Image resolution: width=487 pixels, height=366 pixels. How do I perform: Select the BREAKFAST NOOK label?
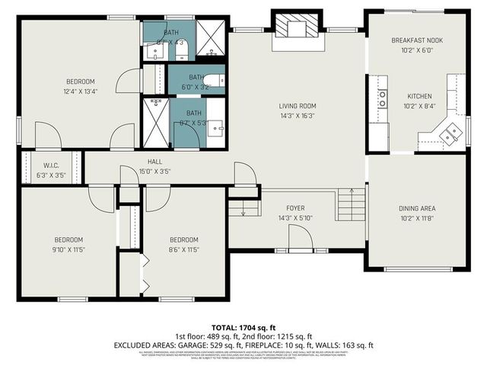pos(416,40)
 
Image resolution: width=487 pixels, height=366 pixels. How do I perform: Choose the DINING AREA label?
pos(416,208)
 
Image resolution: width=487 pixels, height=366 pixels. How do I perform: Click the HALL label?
pos(154,162)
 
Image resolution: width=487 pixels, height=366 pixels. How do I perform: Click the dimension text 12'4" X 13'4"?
pos(79,91)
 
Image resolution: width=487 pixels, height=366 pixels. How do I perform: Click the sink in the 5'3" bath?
pos(215,127)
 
